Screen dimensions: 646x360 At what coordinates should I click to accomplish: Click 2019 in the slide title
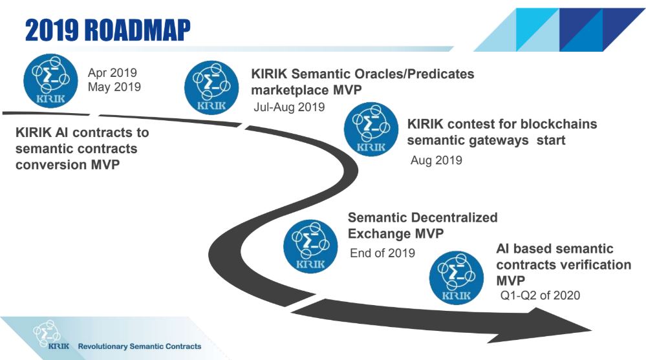point(52,30)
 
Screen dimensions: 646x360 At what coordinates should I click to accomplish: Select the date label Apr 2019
point(112,73)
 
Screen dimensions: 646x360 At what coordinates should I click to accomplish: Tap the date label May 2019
point(114,87)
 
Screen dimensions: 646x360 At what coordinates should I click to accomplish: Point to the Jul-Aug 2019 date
point(289,107)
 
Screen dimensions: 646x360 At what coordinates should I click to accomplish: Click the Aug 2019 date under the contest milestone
point(436,160)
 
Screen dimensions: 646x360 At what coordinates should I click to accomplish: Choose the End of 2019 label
point(382,253)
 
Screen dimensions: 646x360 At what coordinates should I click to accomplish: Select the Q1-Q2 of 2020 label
point(540,295)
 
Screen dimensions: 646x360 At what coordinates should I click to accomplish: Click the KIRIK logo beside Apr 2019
point(50,81)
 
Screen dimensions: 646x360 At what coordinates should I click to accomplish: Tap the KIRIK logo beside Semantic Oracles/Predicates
point(211,88)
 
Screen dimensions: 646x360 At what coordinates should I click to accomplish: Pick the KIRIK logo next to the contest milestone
point(371,129)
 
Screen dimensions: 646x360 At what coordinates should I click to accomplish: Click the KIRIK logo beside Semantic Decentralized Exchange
point(310,246)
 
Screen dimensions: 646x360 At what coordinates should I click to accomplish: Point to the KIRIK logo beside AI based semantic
point(457,278)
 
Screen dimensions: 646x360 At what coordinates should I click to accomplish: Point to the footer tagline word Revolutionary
point(103,346)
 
